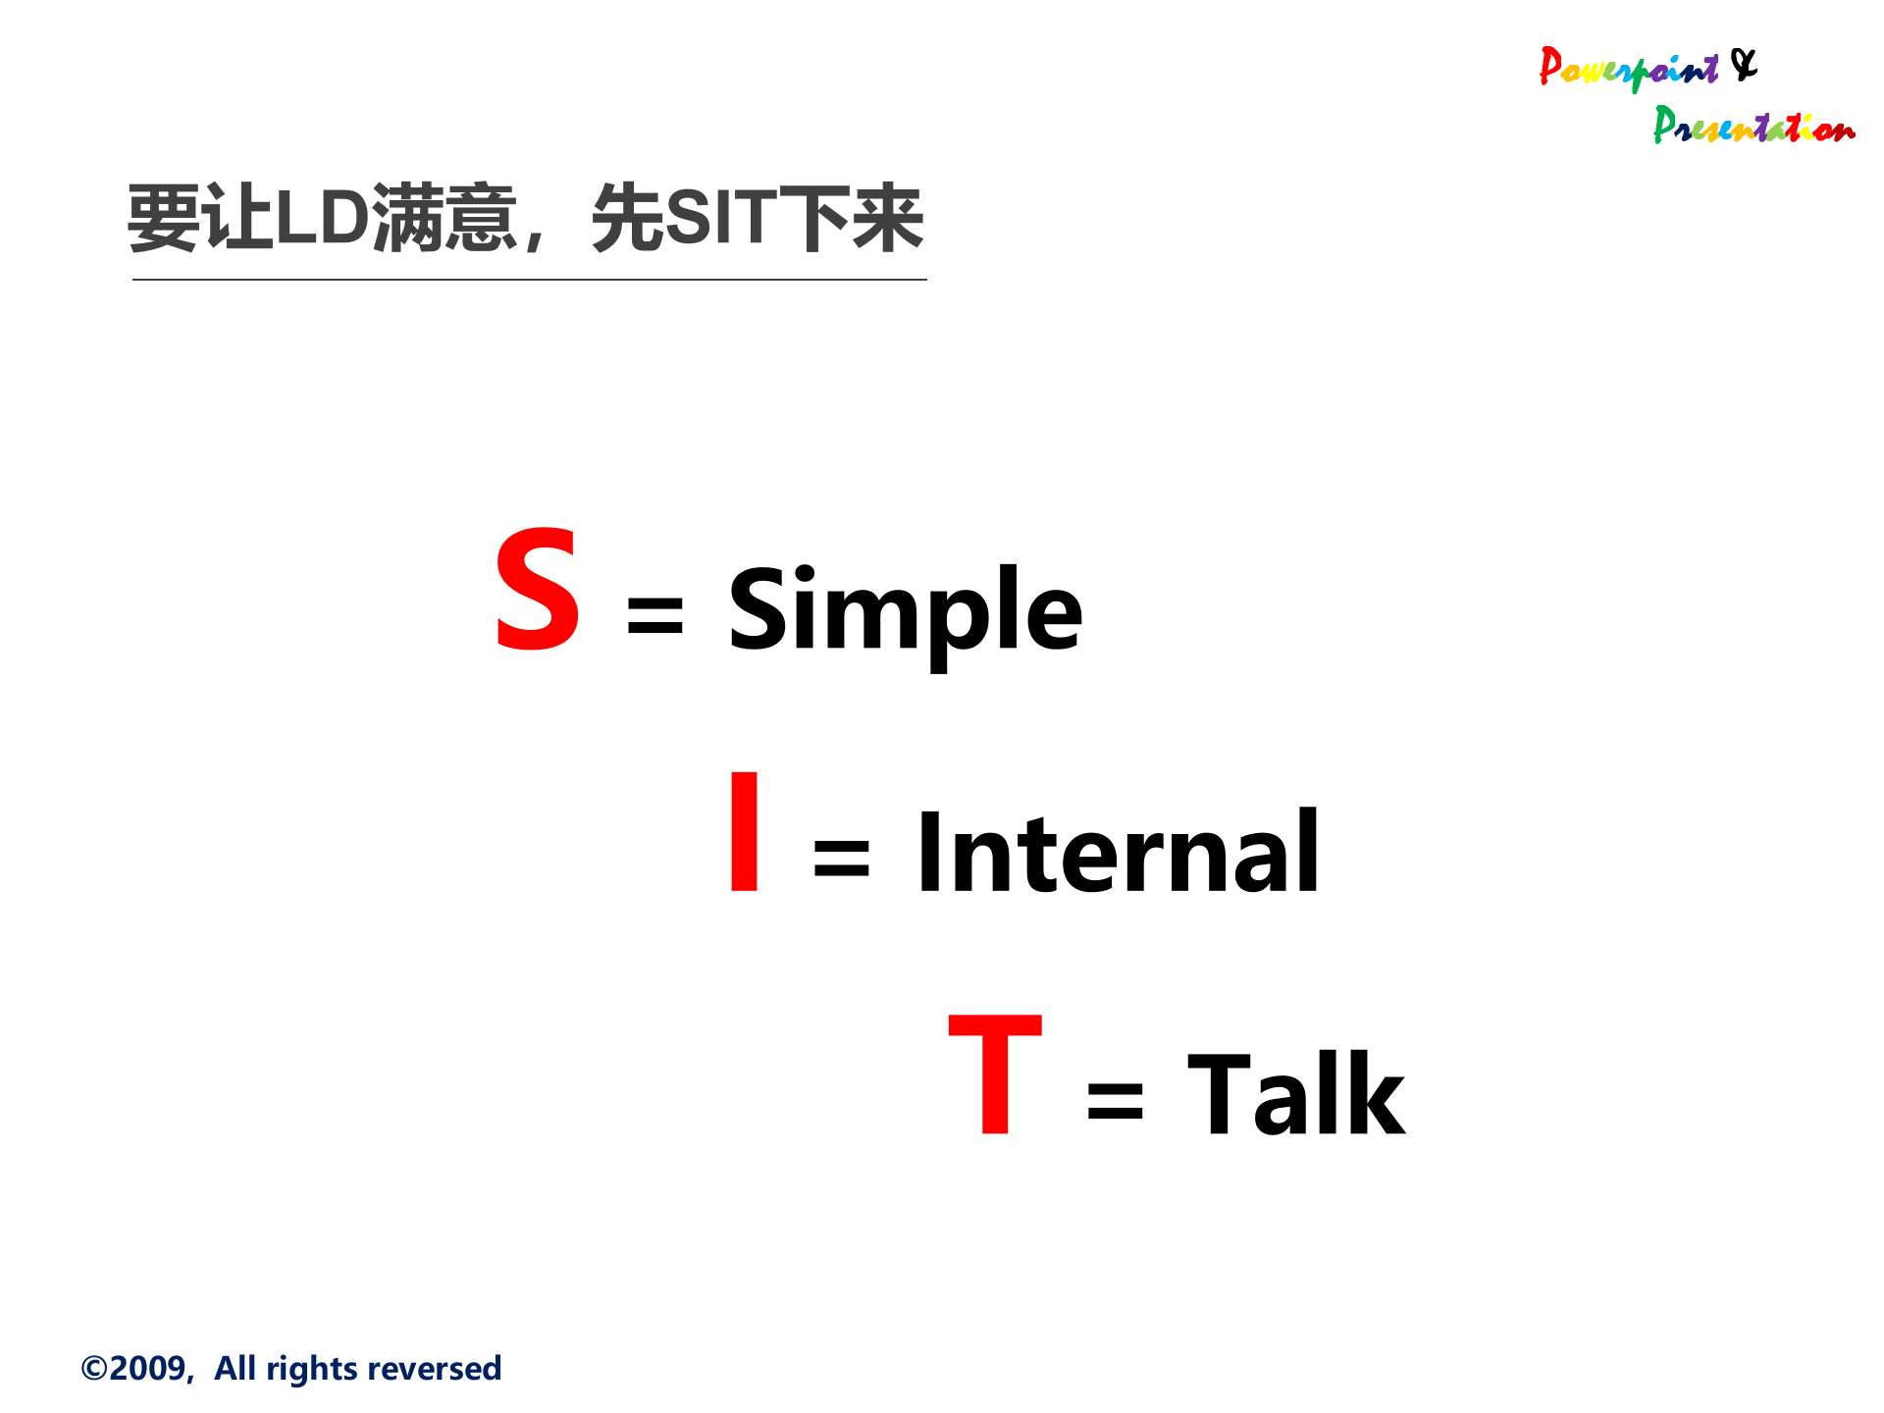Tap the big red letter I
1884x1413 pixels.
click(x=745, y=832)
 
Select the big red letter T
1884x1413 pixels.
click(x=995, y=1074)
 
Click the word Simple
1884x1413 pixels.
click(x=905, y=610)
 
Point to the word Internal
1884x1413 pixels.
click(x=1118, y=853)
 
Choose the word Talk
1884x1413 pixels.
click(x=1295, y=1094)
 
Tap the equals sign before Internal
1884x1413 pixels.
click(x=841, y=859)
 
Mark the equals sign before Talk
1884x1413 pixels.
click(x=1115, y=1100)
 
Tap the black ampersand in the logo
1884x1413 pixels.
click(x=1744, y=65)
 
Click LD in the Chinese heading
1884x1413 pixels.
click(x=322, y=218)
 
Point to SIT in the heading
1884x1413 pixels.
click(x=721, y=218)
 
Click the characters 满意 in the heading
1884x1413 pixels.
click(x=445, y=218)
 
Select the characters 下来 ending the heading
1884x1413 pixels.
click(x=851, y=218)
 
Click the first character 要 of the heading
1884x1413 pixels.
click(x=164, y=218)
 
